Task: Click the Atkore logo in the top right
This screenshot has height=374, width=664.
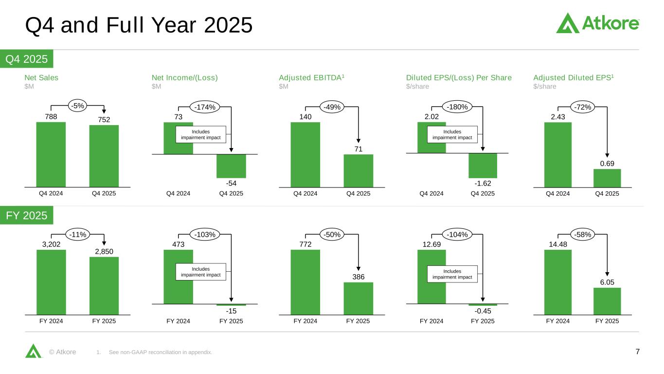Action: pyautogui.click(x=597, y=23)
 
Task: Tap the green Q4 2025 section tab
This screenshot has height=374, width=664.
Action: pyautogui.click(x=27, y=59)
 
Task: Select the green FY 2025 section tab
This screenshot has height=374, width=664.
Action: pyautogui.click(x=27, y=215)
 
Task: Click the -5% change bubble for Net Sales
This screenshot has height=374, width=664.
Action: pyautogui.click(x=77, y=106)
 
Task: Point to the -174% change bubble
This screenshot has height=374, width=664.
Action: pyautogui.click(x=204, y=107)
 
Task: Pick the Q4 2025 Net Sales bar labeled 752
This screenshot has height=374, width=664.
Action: pyautogui.click(x=104, y=156)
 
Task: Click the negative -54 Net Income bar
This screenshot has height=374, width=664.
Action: pyautogui.click(x=231, y=166)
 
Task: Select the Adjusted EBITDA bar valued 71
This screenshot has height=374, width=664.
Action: pyautogui.click(x=359, y=171)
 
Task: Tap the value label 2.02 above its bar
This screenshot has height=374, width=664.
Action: pyautogui.click(x=431, y=117)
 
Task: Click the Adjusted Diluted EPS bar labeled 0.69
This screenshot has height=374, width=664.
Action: pyautogui.click(x=607, y=178)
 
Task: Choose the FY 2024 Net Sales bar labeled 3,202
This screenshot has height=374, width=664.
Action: pyautogui.click(x=51, y=282)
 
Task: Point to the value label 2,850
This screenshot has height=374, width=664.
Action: pyautogui.click(x=104, y=251)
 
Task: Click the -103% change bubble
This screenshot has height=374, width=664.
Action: pyautogui.click(x=204, y=235)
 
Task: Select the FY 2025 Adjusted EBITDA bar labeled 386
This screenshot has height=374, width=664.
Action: pyautogui.click(x=359, y=299)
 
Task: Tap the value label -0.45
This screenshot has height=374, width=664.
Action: pyautogui.click(x=483, y=311)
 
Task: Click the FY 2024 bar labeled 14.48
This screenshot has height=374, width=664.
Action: pyautogui.click(x=558, y=282)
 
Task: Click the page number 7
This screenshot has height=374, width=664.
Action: pyautogui.click(x=638, y=352)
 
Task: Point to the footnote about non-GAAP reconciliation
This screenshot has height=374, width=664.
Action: pyautogui.click(x=161, y=353)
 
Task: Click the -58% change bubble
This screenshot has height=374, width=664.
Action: pyautogui.click(x=583, y=235)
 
